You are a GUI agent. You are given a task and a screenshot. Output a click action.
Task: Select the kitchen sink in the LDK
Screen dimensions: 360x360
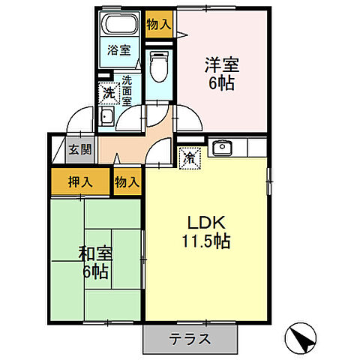click(x=223, y=148)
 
